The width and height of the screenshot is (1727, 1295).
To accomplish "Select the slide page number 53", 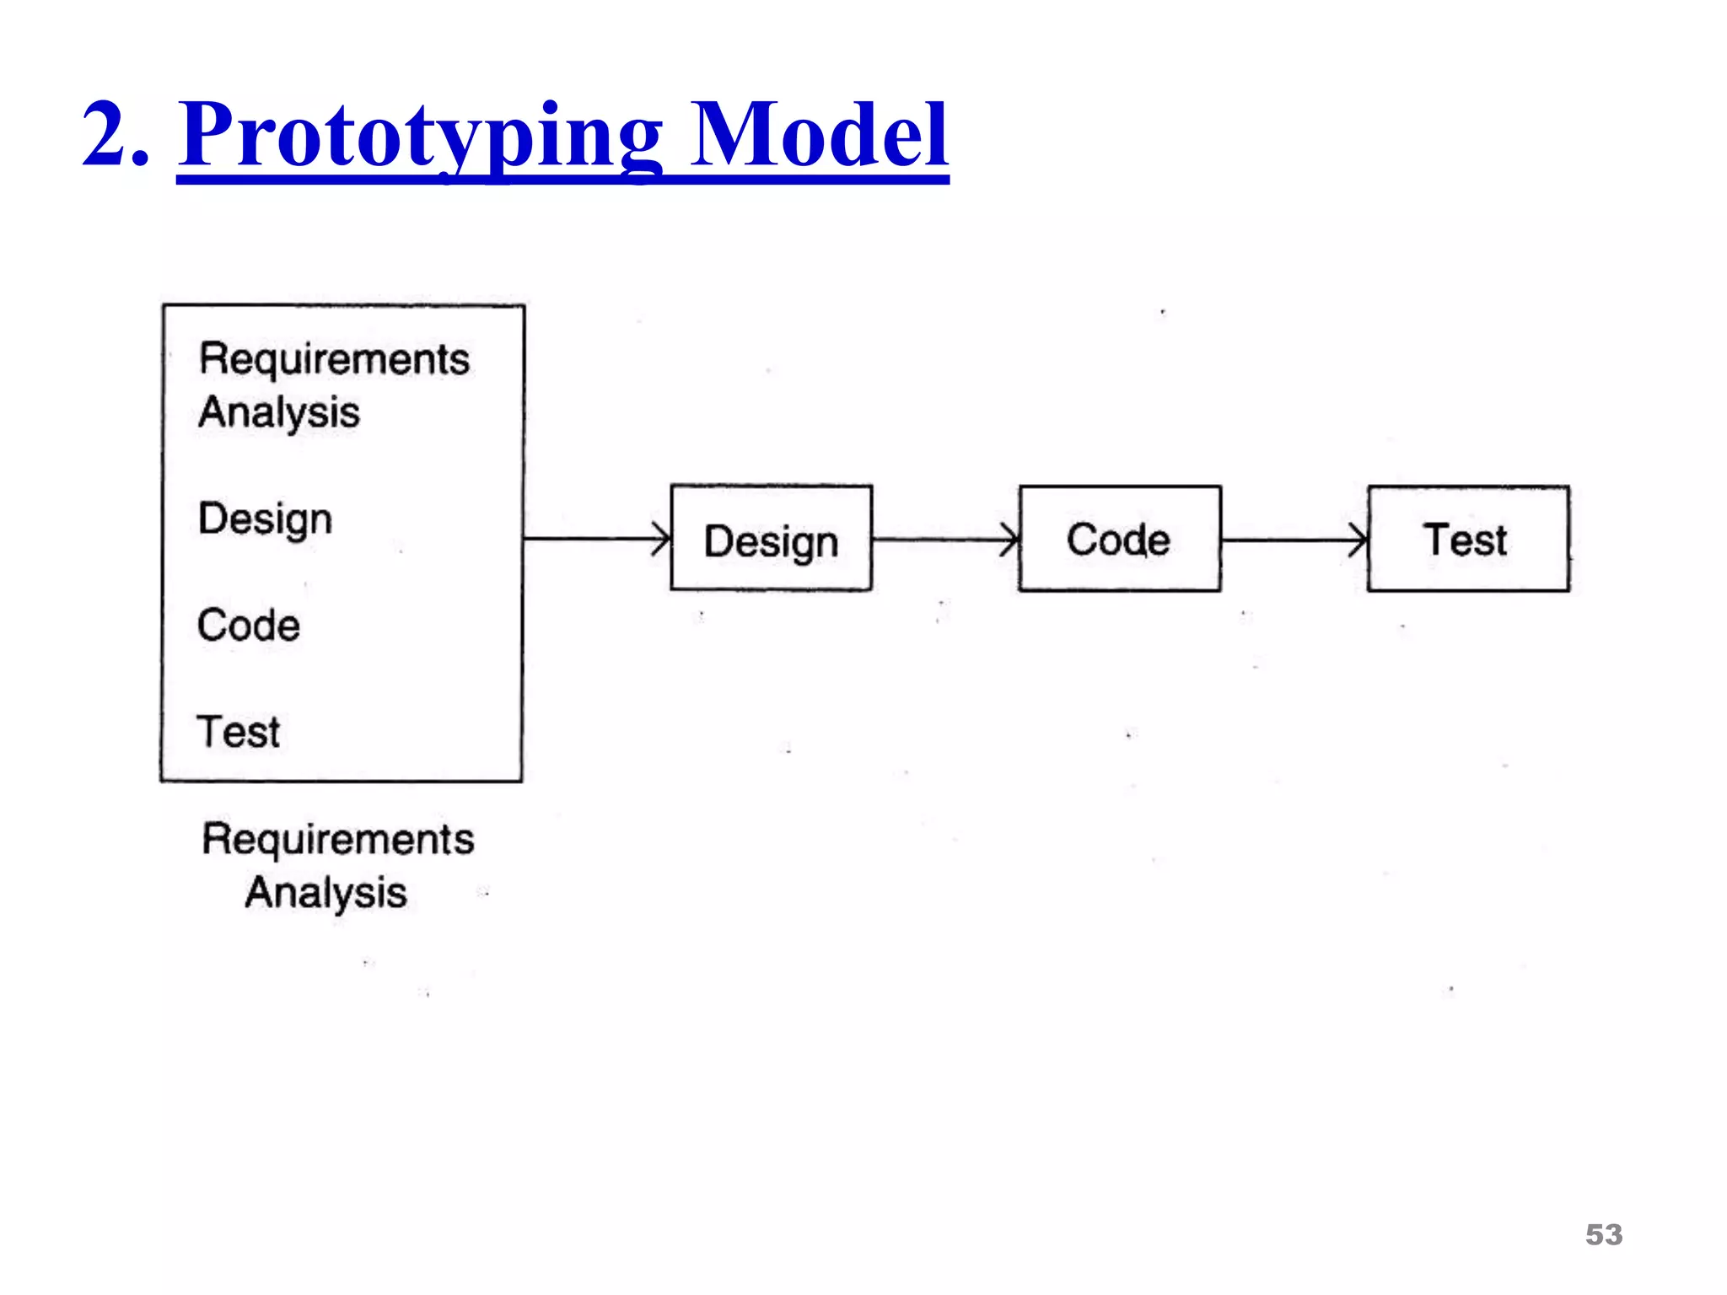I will point(1603,1234).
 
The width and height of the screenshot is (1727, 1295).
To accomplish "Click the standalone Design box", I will point(771,538).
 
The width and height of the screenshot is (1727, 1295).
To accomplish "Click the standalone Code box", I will point(1119,538).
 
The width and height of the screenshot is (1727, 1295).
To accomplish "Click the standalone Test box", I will point(1467,538).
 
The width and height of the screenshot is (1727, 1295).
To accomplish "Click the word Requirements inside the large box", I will point(334,359).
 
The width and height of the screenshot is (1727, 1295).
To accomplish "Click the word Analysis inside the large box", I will point(279,413).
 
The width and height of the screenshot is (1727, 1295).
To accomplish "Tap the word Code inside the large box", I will point(249,626).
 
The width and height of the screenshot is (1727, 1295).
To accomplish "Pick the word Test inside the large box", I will point(238,731).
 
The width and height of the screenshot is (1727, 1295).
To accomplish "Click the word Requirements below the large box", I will point(337,840).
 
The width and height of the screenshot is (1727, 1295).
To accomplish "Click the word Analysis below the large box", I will point(325,893).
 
